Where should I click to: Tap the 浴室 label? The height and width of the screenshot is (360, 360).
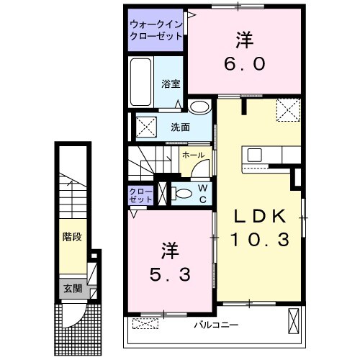(171, 82)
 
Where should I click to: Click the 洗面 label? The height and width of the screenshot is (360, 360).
(180, 127)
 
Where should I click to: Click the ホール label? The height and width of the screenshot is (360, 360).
(192, 155)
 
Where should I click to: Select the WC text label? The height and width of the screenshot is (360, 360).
(203, 192)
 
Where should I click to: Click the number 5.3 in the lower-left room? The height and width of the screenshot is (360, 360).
(170, 274)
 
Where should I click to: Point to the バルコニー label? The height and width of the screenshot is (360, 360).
(215, 325)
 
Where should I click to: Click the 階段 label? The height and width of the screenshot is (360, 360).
(71, 235)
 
